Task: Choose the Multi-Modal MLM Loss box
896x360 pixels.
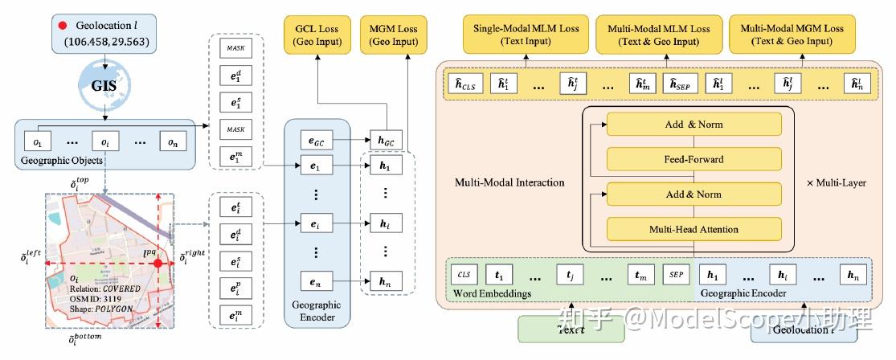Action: (654, 35)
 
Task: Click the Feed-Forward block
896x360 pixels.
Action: (694, 158)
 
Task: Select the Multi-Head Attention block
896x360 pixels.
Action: (694, 229)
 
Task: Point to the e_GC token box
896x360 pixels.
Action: (316, 139)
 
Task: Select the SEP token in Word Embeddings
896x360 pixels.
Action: (675, 274)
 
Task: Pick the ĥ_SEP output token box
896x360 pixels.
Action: (675, 83)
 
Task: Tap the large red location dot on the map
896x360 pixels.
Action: (158, 263)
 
